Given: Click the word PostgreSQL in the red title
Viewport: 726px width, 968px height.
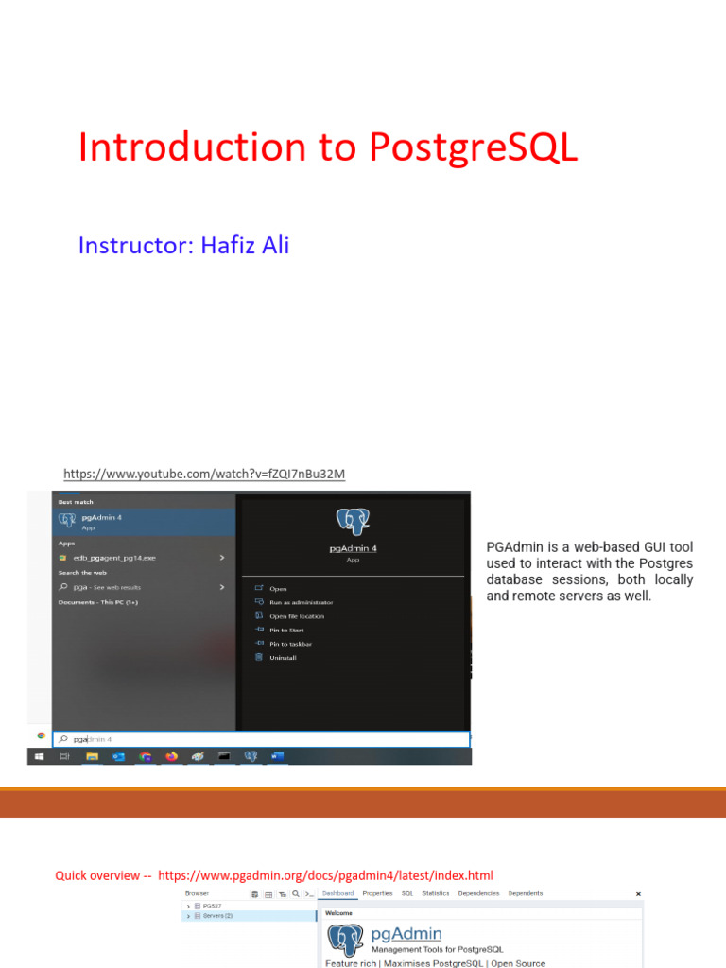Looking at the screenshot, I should [472, 148].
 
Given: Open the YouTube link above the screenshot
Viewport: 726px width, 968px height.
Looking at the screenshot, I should [204, 474].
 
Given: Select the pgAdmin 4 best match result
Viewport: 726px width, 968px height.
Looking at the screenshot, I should [102, 521].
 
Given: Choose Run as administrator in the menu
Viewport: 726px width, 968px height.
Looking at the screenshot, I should [301, 602].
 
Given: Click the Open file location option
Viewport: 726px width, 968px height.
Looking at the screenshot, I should [297, 616].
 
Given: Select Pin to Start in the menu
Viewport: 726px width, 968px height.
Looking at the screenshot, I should [286, 630].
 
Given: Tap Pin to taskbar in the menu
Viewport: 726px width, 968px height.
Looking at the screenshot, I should [290, 644].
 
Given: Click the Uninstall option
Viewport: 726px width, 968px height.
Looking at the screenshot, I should [283, 657].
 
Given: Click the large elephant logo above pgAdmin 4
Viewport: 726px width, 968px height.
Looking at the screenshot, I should [353, 521].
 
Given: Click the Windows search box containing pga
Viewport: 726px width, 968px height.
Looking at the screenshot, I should [265, 738].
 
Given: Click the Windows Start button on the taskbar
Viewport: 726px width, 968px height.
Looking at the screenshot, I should [39, 756].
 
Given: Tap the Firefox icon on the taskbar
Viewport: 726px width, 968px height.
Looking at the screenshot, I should [171, 756].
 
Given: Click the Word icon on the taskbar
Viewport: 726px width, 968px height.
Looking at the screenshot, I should [277, 756].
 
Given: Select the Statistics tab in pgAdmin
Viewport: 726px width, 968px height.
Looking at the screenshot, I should [436, 893].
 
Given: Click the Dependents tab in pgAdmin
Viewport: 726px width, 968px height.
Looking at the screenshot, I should [526, 893].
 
